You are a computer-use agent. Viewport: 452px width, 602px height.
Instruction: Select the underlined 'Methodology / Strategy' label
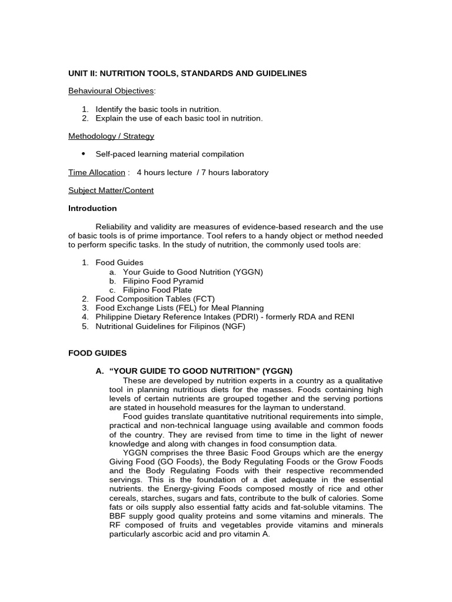point(111,136)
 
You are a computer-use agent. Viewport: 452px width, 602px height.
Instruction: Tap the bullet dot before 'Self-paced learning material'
point(84,154)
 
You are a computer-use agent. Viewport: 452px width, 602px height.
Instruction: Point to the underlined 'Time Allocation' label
point(97,173)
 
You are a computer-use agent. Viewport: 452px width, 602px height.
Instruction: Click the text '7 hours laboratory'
point(236,173)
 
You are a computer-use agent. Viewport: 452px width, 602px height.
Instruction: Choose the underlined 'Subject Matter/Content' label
point(111,190)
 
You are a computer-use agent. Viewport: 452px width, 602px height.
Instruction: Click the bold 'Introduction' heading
point(92,209)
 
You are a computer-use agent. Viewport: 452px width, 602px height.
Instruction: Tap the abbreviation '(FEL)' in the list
point(174,308)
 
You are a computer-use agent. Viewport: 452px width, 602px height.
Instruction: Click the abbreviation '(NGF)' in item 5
point(234,326)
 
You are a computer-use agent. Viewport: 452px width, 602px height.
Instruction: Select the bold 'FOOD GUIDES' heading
point(97,353)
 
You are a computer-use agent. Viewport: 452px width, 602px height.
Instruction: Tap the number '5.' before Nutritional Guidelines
point(85,326)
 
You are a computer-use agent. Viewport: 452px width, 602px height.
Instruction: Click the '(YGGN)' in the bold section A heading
point(277,371)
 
